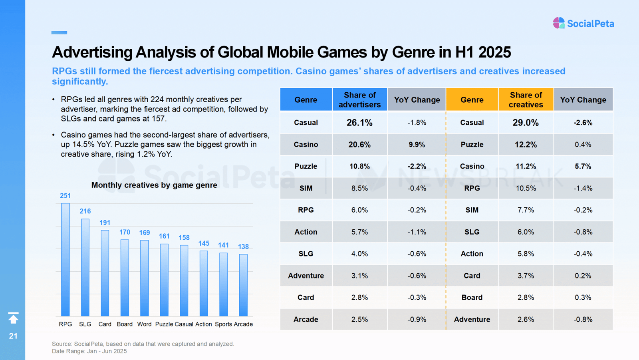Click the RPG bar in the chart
[65, 260]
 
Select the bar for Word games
[144, 278]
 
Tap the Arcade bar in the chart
[243, 285]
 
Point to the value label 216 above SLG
[85, 211]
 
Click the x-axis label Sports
[223, 324]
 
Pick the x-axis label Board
[125, 324]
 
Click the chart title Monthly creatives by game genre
[154, 185]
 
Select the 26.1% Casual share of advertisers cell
[359, 123]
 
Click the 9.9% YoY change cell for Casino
[417, 145]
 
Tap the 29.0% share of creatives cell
[526, 123]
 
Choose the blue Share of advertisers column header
[359, 99]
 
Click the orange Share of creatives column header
[526, 99]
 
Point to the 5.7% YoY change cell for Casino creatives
[583, 166]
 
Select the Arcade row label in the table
[306, 319]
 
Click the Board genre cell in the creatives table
[472, 297]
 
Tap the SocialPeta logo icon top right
[559, 23]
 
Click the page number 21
[13, 336]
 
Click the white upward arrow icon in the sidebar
[13, 318]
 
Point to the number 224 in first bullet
[157, 99]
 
